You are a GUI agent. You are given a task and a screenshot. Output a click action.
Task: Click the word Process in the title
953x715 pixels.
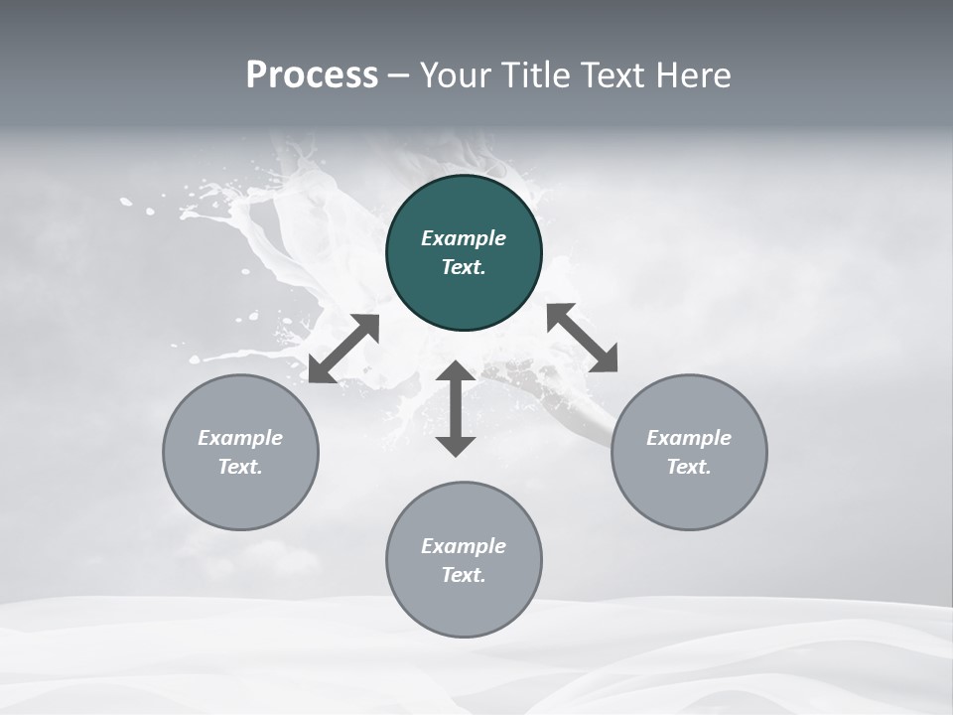tap(312, 75)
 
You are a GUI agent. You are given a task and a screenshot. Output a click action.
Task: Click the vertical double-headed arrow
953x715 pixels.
tap(456, 409)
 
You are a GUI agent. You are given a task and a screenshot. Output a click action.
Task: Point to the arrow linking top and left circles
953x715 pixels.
tap(343, 349)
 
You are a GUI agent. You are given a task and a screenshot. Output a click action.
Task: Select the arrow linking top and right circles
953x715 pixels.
tap(583, 338)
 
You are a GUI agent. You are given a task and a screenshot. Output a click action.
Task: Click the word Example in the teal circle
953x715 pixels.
tap(464, 238)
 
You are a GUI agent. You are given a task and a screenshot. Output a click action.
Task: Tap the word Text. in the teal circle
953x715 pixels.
tap(464, 267)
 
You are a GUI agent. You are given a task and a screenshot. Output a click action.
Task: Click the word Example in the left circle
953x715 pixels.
tap(240, 438)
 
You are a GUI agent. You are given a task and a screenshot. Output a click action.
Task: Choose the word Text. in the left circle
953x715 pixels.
tap(240, 467)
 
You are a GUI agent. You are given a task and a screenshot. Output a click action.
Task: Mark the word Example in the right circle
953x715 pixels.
tap(689, 438)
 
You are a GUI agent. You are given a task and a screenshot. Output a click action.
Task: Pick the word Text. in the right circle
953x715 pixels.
tap(689, 467)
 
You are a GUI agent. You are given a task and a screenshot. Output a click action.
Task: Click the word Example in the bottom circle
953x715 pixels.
tap(464, 546)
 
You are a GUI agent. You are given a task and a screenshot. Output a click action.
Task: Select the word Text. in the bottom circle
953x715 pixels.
tap(464, 575)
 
